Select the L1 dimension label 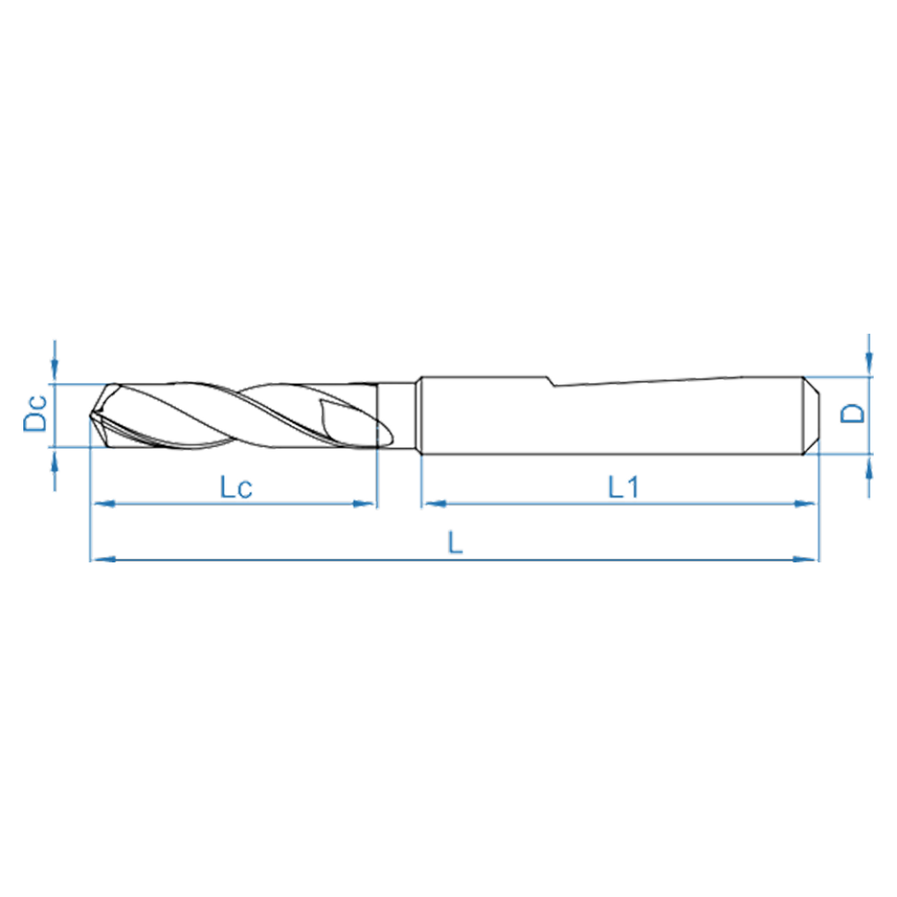click(622, 488)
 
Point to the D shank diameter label click(853, 413)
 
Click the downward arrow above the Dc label click(55, 371)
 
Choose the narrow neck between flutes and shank click(399, 415)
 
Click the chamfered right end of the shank click(812, 415)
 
